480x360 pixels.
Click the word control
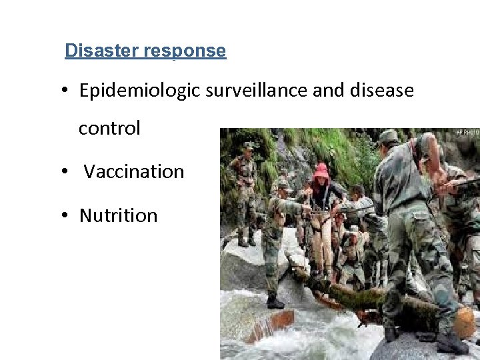pyautogui.click(x=109, y=128)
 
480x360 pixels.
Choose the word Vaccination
pyautogui.click(x=134, y=172)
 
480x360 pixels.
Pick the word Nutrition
pyautogui.click(x=118, y=216)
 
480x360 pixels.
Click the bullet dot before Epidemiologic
pyautogui.click(x=69, y=91)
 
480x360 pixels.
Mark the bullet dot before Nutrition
pyautogui.click(x=69, y=216)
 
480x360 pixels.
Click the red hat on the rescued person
pyautogui.click(x=321, y=171)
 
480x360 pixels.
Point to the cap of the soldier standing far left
pyautogui.click(x=249, y=145)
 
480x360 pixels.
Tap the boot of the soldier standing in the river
pyautogui.click(x=275, y=302)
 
